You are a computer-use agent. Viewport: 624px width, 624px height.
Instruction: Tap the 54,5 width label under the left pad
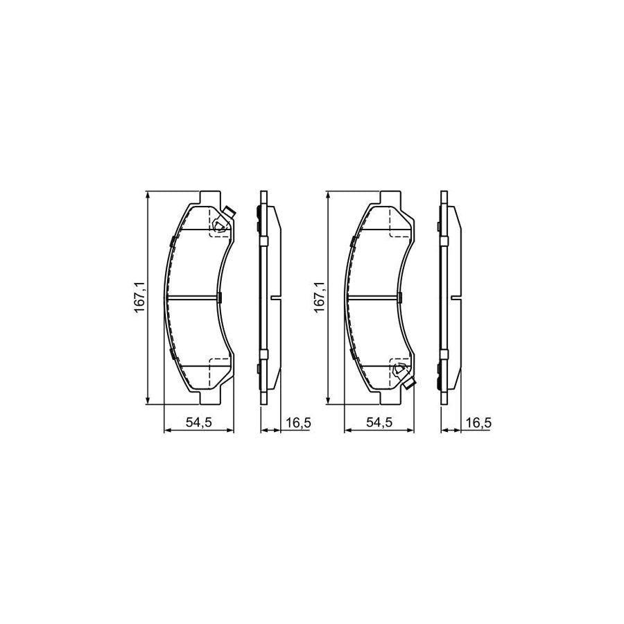(x=198, y=422)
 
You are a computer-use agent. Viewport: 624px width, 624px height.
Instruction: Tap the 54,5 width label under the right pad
(x=380, y=422)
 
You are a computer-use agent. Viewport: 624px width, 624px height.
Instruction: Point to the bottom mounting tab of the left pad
(x=211, y=398)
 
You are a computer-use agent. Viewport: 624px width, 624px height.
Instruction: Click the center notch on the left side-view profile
(x=277, y=298)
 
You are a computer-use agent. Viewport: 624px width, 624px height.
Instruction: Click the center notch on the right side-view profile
(x=457, y=298)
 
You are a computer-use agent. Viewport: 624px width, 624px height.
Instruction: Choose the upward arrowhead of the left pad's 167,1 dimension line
(x=148, y=196)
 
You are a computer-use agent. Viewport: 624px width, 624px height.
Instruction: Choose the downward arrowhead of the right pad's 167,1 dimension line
(x=329, y=400)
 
